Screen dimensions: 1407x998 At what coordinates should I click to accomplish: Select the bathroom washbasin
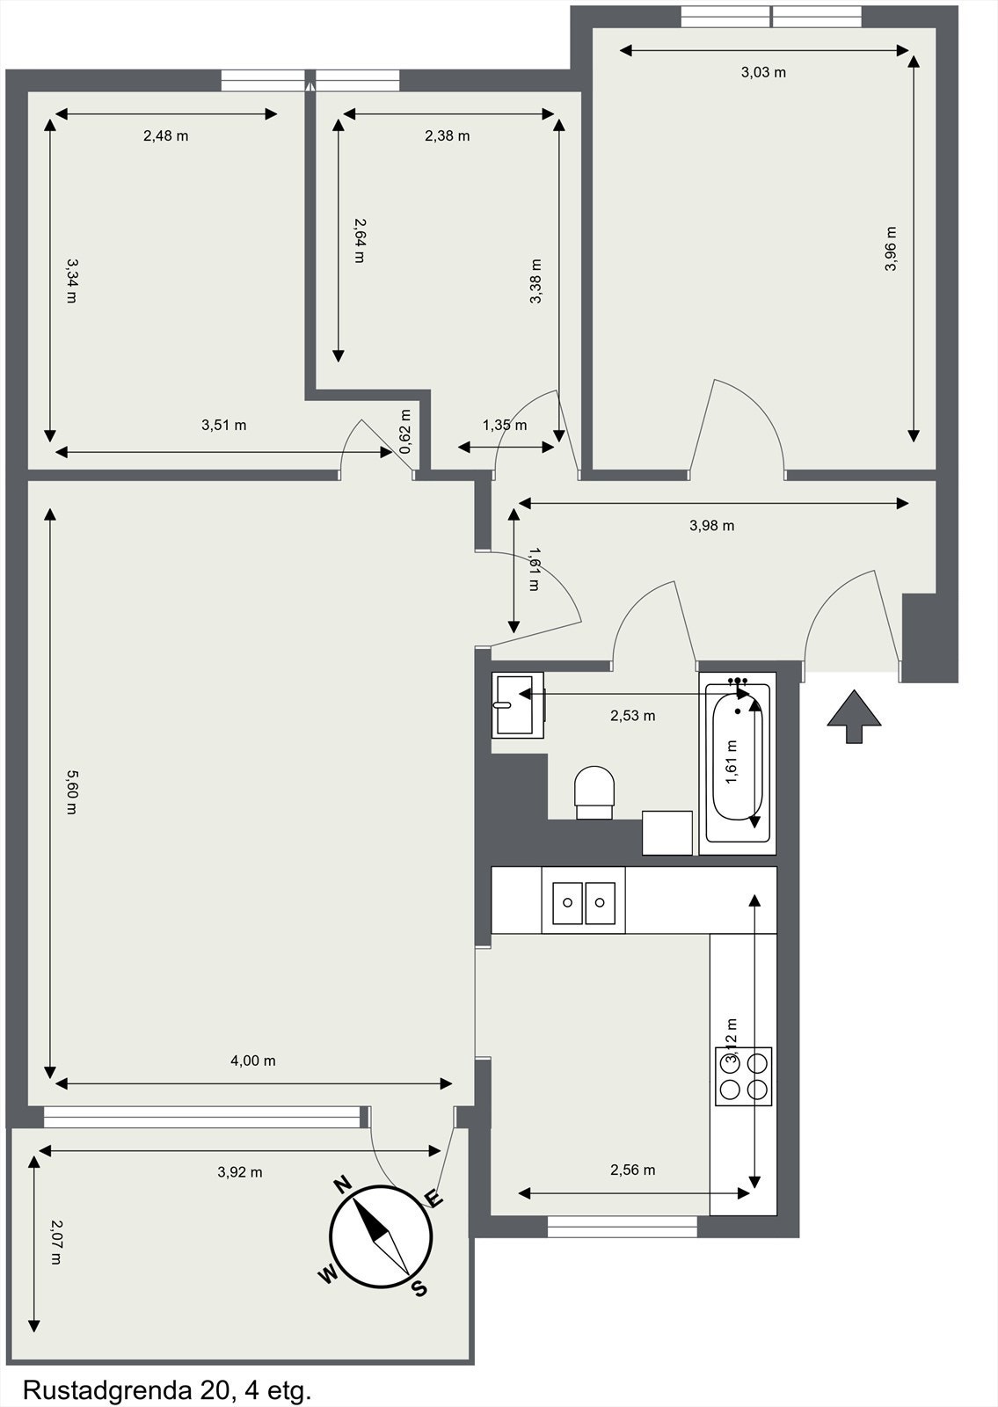coord(517,704)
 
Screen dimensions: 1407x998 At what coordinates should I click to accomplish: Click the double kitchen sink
coord(584,901)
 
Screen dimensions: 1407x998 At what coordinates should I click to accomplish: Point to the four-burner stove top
coord(743,1075)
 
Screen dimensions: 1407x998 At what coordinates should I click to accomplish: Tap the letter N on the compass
coord(343,1185)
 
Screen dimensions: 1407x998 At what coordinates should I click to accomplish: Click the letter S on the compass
coord(420,1289)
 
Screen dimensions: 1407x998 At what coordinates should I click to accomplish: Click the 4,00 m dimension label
coord(253,1061)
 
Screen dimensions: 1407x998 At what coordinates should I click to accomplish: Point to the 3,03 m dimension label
coord(763,72)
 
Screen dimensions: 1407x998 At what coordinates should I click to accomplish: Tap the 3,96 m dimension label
coord(891,249)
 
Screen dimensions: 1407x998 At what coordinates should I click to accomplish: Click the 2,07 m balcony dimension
coord(56,1242)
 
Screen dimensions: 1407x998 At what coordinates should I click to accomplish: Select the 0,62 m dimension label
coord(404,432)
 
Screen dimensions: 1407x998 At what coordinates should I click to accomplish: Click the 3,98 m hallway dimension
coord(712,526)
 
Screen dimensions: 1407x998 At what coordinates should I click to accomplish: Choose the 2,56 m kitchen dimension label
coord(633,1170)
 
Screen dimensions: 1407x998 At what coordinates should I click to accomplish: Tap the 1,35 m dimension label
coord(505,426)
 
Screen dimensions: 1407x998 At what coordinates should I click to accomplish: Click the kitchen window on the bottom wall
coord(623,1226)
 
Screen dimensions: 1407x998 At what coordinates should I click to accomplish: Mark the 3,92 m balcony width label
coord(240,1171)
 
